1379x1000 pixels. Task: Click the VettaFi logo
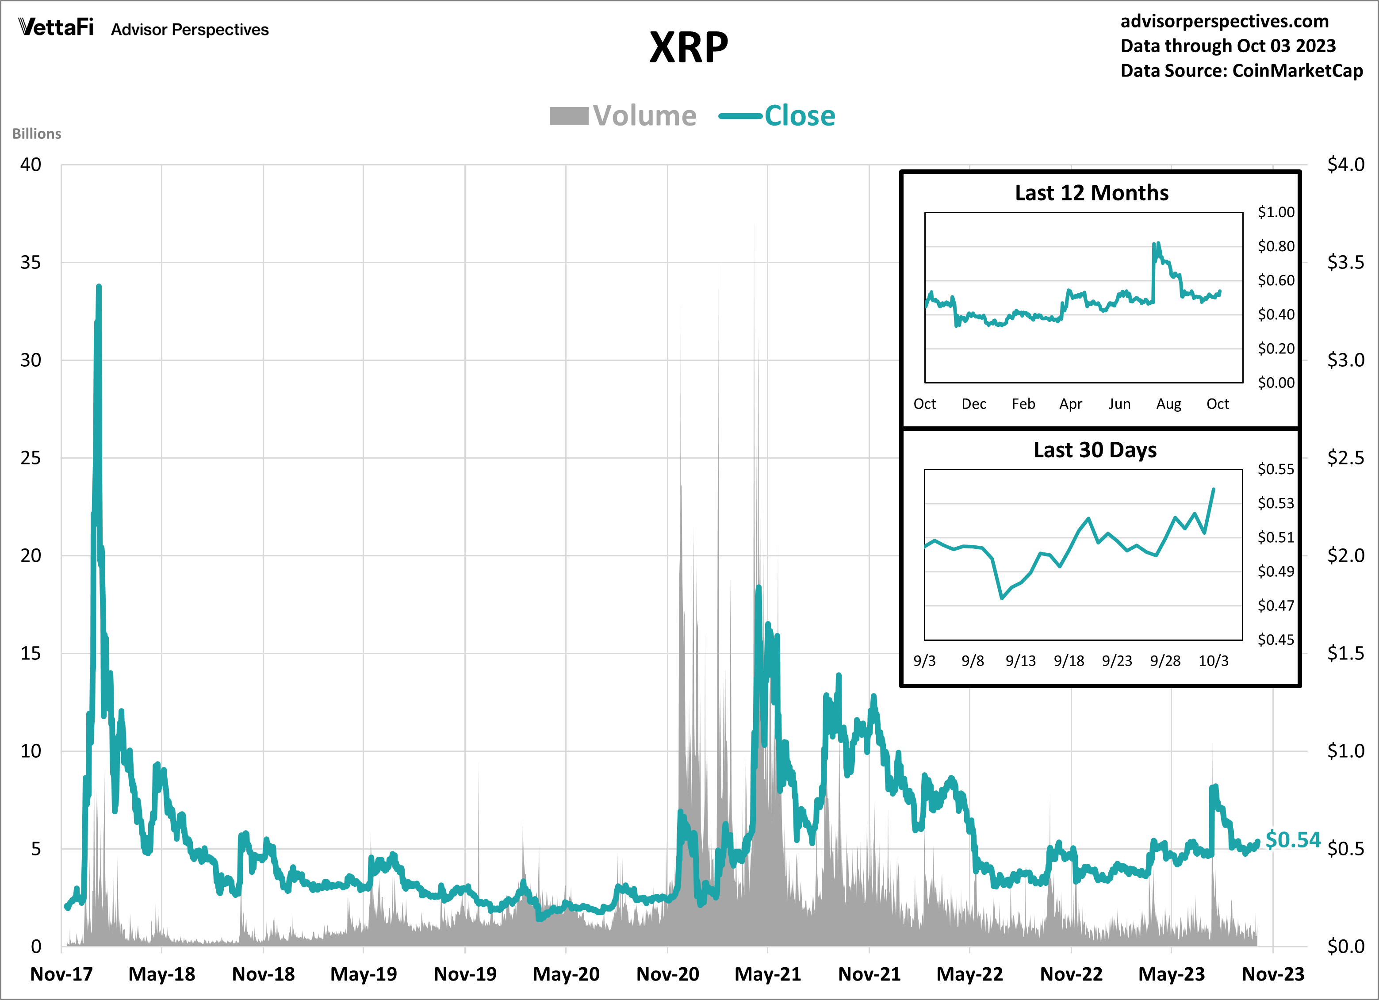pyautogui.click(x=56, y=27)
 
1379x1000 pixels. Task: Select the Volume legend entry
pyautogui.click(x=623, y=115)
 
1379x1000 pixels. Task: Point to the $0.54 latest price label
pyautogui.click(x=1293, y=839)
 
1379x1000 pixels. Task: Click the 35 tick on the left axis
pyautogui.click(x=31, y=263)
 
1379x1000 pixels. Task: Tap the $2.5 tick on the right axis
pyautogui.click(x=1345, y=458)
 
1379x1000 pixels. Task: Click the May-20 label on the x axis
pyautogui.click(x=566, y=974)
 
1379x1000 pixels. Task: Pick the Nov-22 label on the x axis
pyautogui.click(x=1071, y=974)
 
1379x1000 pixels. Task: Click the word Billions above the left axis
pyautogui.click(x=36, y=134)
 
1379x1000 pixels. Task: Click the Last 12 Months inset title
pyautogui.click(x=1092, y=193)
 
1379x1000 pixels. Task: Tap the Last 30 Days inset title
pyautogui.click(x=1095, y=450)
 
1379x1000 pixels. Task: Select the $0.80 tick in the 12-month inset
pyautogui.click(x=1276, y=246)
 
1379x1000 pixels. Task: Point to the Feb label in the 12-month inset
pyautogui.click(x=1023, y=404)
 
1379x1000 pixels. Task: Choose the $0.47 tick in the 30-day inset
pyautogui.click(x=1276, y=605)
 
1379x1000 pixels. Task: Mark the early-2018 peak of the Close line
pyautogui.click(x=99, y=287)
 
